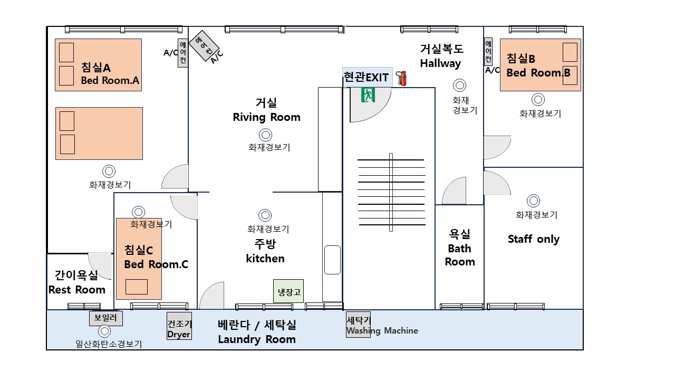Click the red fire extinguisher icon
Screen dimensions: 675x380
point(402,79)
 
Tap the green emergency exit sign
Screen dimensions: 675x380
point(368,95)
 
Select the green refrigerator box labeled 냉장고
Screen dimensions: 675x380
point(288,291)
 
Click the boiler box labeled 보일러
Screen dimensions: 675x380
point(106,318)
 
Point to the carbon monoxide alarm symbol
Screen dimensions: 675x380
point(104,331)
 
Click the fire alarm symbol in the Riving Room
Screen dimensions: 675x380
point(265,135)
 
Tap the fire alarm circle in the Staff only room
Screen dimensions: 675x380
point(533,201)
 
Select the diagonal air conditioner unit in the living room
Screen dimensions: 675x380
point(204,45)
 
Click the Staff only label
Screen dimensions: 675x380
point(534,239)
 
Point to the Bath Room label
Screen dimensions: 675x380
point(460,255)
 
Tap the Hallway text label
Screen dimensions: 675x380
point(440,63)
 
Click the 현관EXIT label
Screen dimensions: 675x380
point(366,78)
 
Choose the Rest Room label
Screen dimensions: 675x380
point(77,290)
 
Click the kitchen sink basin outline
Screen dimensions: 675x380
point(332,260)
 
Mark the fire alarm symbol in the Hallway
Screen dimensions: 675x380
point(459,85)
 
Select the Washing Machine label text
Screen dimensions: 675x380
point(382,331)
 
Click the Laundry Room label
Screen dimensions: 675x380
point(257,339)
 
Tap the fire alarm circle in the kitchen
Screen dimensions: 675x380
point(265,215)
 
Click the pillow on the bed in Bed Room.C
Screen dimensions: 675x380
point(137,287)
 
